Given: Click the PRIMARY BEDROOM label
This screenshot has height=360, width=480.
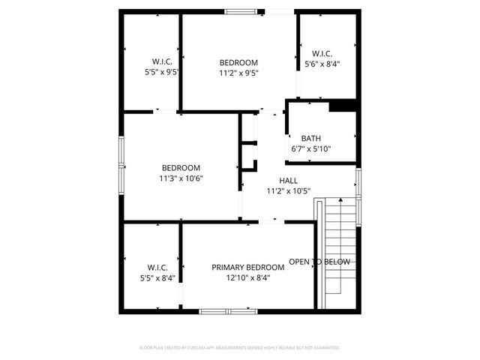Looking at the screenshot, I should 247,267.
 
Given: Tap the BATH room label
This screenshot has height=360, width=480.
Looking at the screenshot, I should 310,138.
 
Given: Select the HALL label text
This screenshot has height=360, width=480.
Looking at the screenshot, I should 288,181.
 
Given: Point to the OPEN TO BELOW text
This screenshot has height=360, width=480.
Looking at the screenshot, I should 319,262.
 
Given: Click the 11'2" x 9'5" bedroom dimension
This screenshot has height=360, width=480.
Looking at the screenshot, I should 238,73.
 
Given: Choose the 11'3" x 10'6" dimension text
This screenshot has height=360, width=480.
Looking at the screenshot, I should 181,178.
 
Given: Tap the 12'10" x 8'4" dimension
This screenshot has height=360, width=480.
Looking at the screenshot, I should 247,277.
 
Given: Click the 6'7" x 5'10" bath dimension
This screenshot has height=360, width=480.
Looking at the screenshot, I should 310,148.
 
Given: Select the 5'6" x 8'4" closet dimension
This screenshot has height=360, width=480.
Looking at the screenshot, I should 322,64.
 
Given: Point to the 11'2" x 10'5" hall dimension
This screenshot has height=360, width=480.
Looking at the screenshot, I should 288,191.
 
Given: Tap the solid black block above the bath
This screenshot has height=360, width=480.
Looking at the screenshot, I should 342,106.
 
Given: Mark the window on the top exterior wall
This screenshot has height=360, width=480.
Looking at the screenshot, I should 240,11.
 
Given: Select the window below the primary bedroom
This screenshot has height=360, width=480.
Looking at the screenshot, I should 228,310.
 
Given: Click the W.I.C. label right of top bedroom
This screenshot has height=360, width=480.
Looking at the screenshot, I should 322,53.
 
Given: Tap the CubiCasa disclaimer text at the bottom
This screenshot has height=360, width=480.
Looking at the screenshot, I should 240,348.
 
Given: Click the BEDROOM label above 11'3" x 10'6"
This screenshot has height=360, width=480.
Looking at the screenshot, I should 181,168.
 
